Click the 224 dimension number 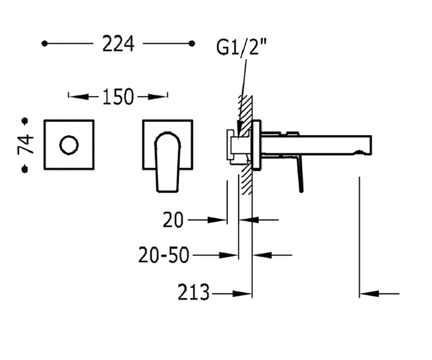118,44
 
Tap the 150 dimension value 118,96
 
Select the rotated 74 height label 26,144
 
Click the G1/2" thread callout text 242,47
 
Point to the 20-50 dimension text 164,255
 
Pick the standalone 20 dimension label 173,220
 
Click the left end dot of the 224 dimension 45,44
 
